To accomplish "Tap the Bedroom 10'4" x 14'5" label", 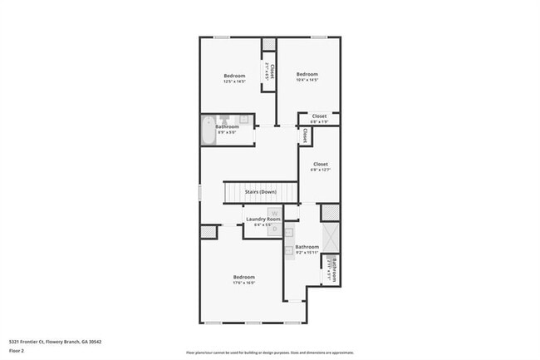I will pyautogui.click(x=307, y=76).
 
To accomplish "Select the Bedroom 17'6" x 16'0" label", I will pyautogui.click(x=243, y=279).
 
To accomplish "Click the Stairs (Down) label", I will pyautogui.click(x=260, y=192).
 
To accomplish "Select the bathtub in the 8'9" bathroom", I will pyautogui.click(x=208, y=131).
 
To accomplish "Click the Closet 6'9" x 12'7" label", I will pyautogui.click(x=320, y=167).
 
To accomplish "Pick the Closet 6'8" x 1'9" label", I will pyautogui.click(x=319, y=119).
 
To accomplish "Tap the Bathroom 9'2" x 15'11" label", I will pyautogui.click(x=307, y=249).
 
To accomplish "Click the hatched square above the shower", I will pyautogui.click(x=331, y=212).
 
